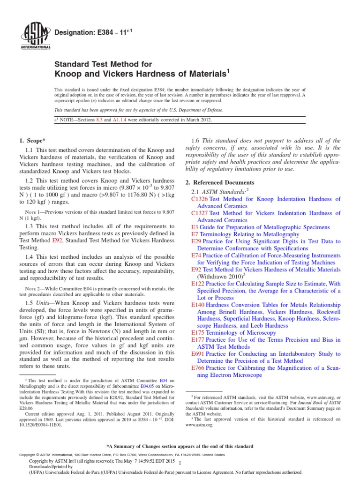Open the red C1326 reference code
[x=200, y=199]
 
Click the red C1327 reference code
[x=200, y=213]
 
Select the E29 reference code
[x=196, y=241]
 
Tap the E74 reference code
[x=196, y=255]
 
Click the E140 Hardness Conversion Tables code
[x=198, y=305]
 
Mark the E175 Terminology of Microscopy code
[x=198, y=333]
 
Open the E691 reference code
[x=198, y=354]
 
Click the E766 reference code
[x=198, y=368]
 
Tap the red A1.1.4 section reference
[x=115, y=120]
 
